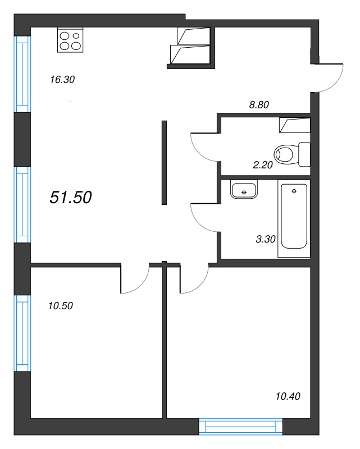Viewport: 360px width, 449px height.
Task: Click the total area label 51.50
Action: point(71,197)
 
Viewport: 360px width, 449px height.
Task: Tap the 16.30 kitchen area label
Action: point(62,80)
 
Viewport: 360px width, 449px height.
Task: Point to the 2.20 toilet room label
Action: point(263,165)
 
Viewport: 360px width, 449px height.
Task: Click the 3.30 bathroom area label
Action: point(265,239)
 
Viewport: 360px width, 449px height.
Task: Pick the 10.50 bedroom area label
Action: point(61,306)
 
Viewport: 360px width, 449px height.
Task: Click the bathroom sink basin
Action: point(244,190)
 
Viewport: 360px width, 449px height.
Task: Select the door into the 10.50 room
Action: point(135,280)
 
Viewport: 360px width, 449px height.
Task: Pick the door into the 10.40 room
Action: point(194,280)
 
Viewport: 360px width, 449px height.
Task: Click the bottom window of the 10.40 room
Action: point(241,427)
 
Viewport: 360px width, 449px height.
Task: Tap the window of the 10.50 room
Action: point(22,333)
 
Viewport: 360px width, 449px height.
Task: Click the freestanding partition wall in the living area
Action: point(165,162)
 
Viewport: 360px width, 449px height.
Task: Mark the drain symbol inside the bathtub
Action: point(294,191)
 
